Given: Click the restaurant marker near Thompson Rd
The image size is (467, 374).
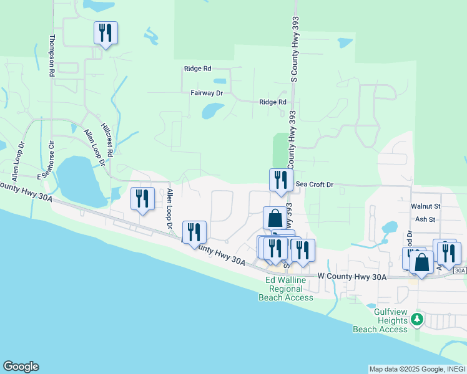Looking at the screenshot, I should [105, 33].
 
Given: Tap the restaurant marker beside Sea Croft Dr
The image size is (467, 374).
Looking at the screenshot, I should [281, 180].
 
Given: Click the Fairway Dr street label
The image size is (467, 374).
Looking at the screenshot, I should [207, 92].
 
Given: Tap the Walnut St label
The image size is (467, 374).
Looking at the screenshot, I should [426, 206].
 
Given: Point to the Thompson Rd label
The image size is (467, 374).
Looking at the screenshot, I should [52, 55].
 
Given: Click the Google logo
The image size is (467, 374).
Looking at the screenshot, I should [21, 367].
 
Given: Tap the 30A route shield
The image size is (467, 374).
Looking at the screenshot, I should [460, 271].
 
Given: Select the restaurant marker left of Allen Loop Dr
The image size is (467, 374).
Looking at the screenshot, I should [142, 199].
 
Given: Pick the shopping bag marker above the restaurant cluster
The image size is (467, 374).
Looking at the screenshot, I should [275, 218].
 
